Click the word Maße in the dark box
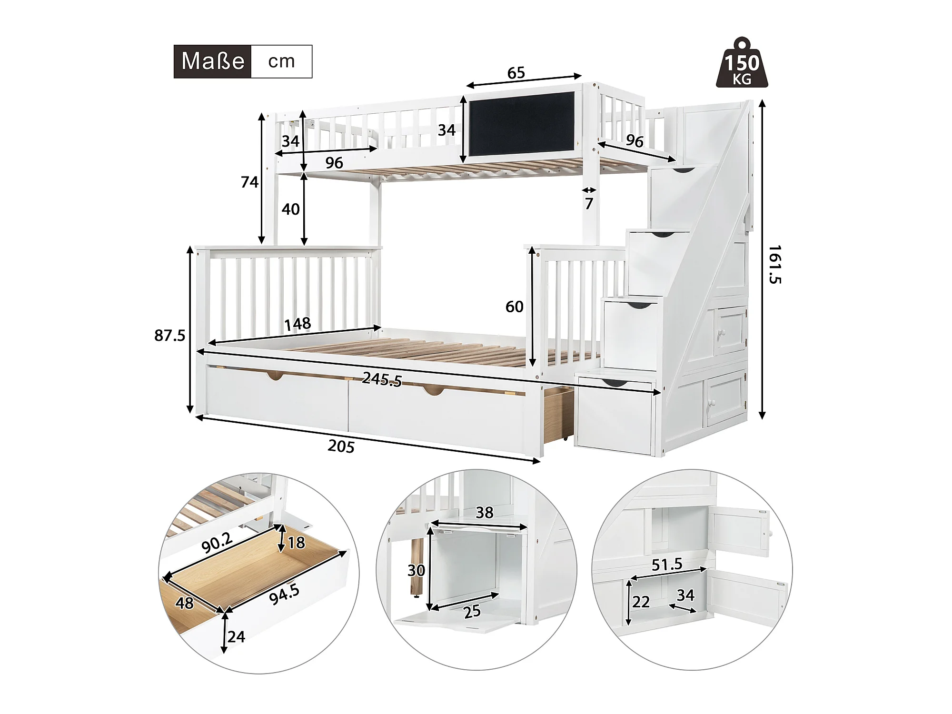tap(213, 61)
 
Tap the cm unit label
tap(281, 61)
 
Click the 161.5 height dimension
tap(775, 265)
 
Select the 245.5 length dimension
tap(382, 379)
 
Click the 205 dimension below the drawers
tap(341, 446)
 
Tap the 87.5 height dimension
tap(170, 336)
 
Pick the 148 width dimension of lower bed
tap(297, 324)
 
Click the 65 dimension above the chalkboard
tap(516, 73)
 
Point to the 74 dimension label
tap(249, 182)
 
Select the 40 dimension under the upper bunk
tap(290, 209)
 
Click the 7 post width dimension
tap(589, 204)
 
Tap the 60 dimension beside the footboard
tap(515, 307)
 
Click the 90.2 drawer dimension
tap(217, 543)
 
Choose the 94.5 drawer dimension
tap(284, 595)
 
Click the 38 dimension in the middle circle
tap(485, 513)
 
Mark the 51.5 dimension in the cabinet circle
tap(667, 565)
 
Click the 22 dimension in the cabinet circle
tap(641, 602)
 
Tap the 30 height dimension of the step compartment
tap(416, 570)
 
